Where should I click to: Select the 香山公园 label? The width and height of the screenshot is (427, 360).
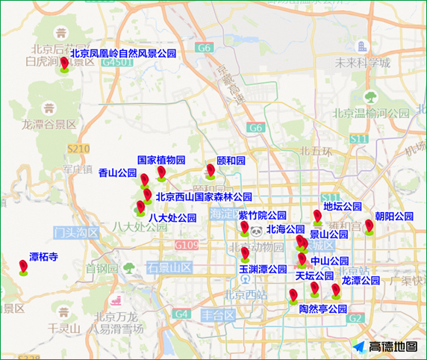(117, 173)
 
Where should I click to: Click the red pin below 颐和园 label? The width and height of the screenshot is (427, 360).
(211, 171)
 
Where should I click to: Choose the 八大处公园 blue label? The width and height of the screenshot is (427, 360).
(172, 218)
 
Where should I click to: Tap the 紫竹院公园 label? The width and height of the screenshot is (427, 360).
(263, 215)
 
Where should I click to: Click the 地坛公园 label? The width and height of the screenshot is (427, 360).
(343, 206)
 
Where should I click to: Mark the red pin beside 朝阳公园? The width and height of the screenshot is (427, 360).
(369, 226)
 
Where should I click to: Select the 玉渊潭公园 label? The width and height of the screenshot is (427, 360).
(263, 269)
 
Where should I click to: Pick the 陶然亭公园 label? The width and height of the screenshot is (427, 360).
(323, 308)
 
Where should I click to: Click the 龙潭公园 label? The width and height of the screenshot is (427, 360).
(361, 281)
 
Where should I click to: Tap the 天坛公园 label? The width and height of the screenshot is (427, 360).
(314, 276)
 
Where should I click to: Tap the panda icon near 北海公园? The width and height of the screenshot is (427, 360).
(256, 232)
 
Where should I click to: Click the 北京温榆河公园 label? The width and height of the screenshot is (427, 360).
(371, 114)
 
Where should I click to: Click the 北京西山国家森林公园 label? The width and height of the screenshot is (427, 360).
(204, 197)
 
